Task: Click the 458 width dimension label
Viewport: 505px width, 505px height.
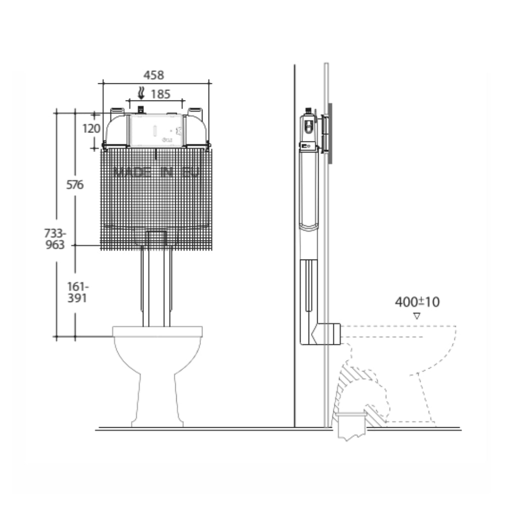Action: pyautogui.click(x=154, y=75)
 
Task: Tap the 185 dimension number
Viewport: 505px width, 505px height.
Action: pyautogui.click(x=160, y=94)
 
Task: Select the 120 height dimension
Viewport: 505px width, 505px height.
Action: pyautogui.click(x=91, y=128)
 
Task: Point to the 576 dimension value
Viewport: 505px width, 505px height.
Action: pyautogui.click(x=75, y=185)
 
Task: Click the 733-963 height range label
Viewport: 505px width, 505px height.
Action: pyautogui.click(x=55, y=239)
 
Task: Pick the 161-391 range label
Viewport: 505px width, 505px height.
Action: pyautogui.click(x=77, y=292)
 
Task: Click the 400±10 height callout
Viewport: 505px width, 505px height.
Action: pyautogui.click(x=417, y=302)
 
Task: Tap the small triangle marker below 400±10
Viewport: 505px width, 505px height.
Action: pyautogui.click(x=417, y=316)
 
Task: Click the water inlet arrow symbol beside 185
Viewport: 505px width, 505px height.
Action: pyautogui.click(x=142, y=93)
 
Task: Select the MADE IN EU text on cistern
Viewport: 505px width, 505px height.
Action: pyautogui.click(x=157, y=172)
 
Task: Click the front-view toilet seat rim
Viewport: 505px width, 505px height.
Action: pyautogui.click(x=157, y=331)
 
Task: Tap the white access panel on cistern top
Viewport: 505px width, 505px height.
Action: pyautogui.click(x=156, y=130)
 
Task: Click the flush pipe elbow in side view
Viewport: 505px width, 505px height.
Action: pyautogui.click(x=323, y=333)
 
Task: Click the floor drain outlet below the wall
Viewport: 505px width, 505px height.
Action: pyautogui.click(x=350, y=427)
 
